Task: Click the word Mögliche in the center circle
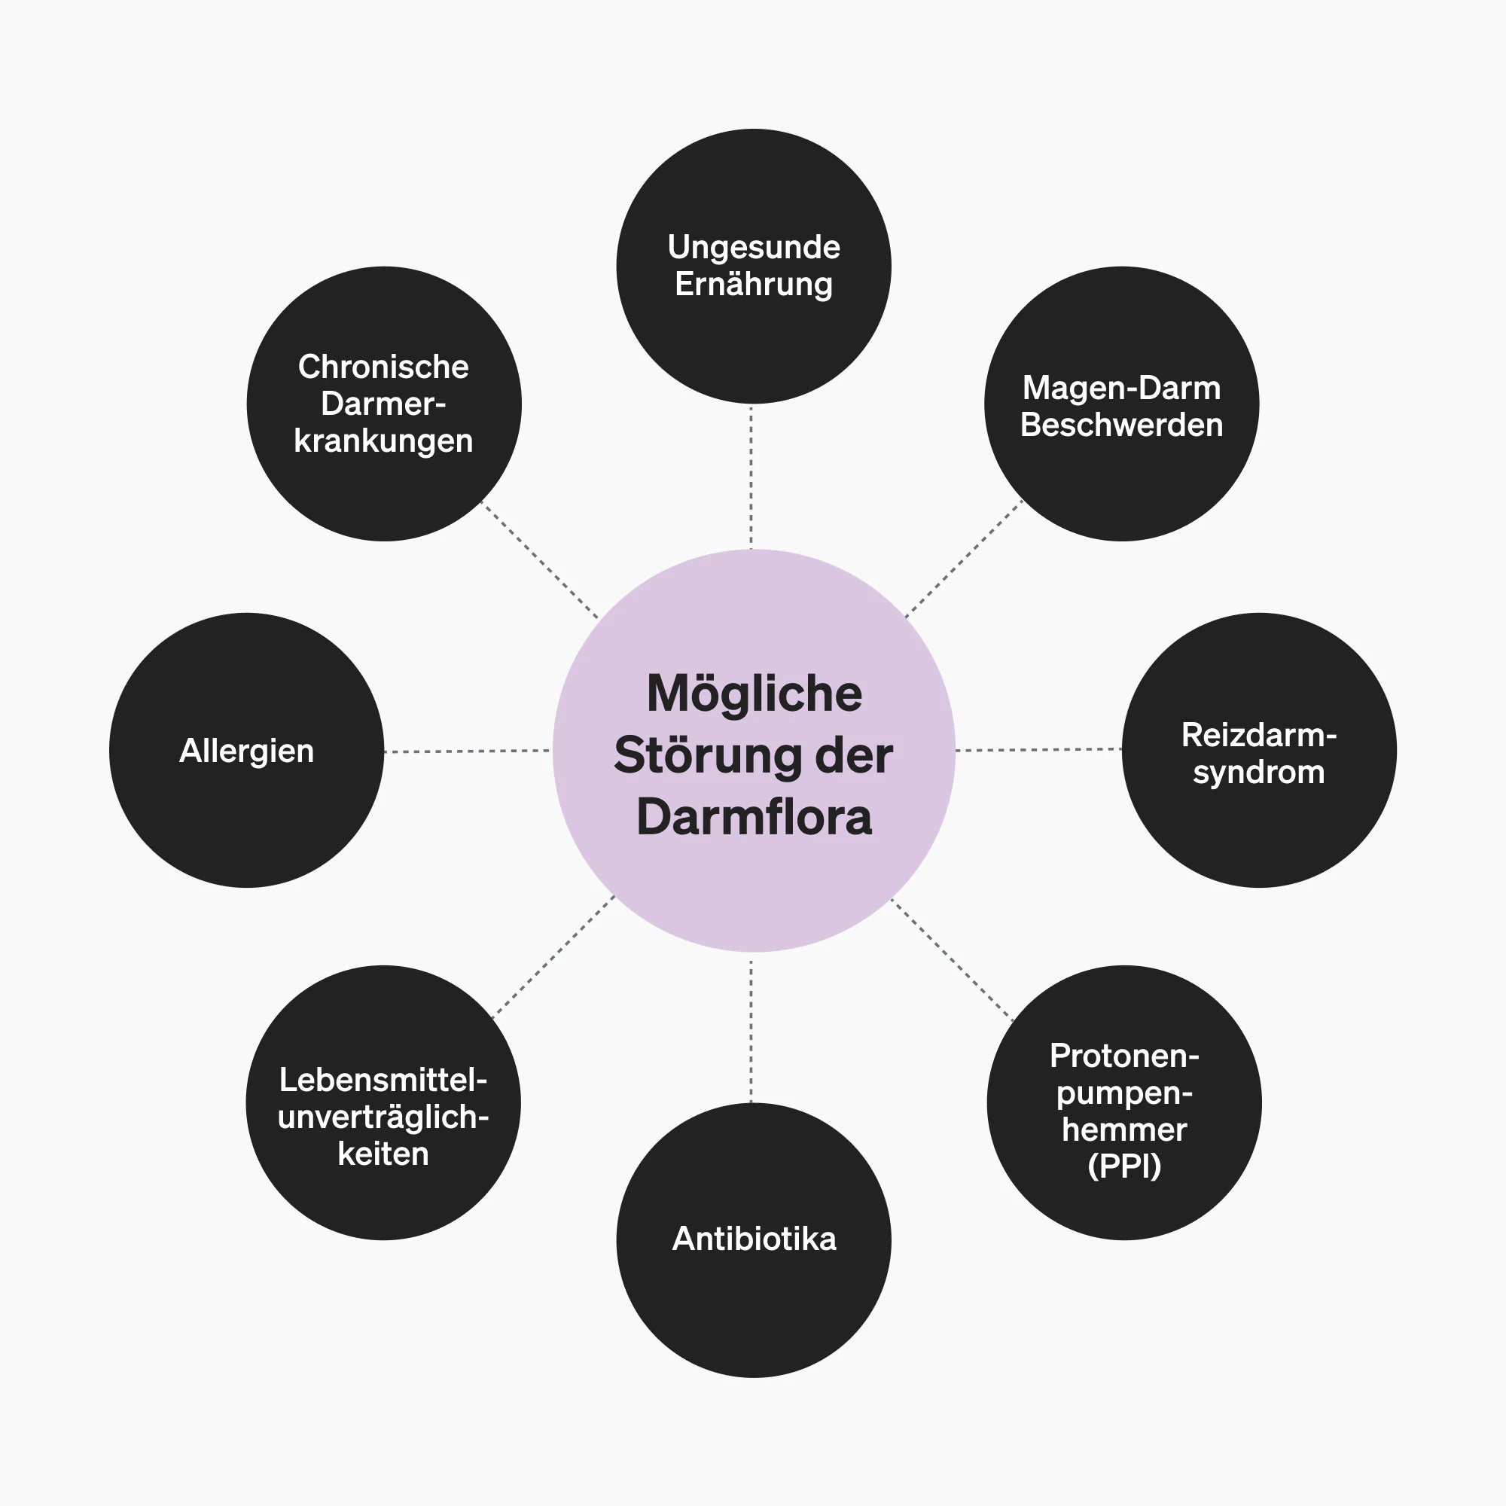click(754, 694)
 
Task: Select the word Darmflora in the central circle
click(754, 817)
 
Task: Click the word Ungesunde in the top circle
click(754, 248)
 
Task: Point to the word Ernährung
click(754, 285)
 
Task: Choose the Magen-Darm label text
click(1121, 389)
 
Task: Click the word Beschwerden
click(1121, 425)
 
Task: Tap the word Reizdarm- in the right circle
click(1259, 735)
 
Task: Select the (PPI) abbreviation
click(1124, 1166)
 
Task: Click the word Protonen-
click(1124, 1056)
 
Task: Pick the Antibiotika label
click(754, 1239)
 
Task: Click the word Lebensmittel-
click(383, 1080)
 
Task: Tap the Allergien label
click(246, 751)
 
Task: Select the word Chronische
click(383, 367)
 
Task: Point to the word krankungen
click(383, 441)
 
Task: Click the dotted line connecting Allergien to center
click(467, 751)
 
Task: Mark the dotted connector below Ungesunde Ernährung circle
click(751, 477)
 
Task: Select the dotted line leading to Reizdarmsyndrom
click(1038, 750)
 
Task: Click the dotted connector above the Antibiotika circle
click(751, 1032)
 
